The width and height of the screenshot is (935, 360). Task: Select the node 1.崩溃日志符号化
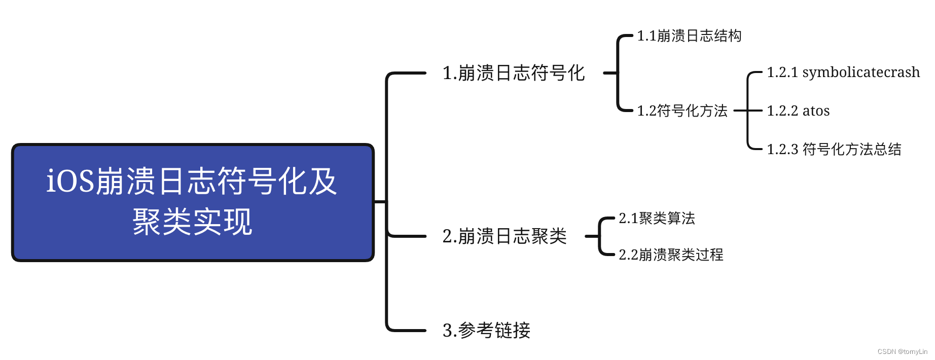(x=513, y=73)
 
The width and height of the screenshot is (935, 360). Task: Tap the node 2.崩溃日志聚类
(x=504, y=236)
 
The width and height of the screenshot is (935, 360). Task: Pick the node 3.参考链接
(x=486, y=331)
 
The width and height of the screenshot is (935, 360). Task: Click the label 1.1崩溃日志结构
(x=689, y=36)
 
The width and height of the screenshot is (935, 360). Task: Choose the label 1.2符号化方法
(x=682, y=111)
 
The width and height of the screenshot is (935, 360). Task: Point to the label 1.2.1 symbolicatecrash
(x=843, y=73)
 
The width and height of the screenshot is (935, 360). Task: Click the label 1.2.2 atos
(x=798, y=111)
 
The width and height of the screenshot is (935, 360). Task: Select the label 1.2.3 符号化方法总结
(x=834, y=149)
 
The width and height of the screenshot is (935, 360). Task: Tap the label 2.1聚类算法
(x=657, y=219)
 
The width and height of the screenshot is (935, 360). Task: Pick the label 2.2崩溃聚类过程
(x=671, y=255)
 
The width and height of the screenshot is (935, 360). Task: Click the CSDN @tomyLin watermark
(x=902, y=351)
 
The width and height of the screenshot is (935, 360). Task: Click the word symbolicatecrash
(x=861, y=73)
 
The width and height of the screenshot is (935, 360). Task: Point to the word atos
(x=816, y=111)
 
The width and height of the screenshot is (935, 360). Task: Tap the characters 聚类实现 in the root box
(x=192, y=222)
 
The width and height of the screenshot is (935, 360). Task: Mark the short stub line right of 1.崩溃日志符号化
(x=610, y=73)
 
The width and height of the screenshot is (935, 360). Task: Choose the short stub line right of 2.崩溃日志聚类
(x=592, y=236)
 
